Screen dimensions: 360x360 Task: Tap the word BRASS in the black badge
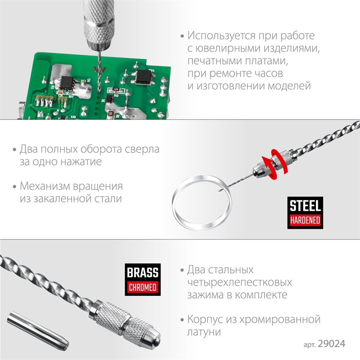(x=143, y=273)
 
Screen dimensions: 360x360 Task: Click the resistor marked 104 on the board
(x=116, y=89)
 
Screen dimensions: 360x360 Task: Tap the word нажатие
(x=82, y=161)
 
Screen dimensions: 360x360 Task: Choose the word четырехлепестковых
(x=239, y=282)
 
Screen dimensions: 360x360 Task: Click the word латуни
(x=204, y=332)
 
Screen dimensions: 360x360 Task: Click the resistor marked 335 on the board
(x=111, y=114)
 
